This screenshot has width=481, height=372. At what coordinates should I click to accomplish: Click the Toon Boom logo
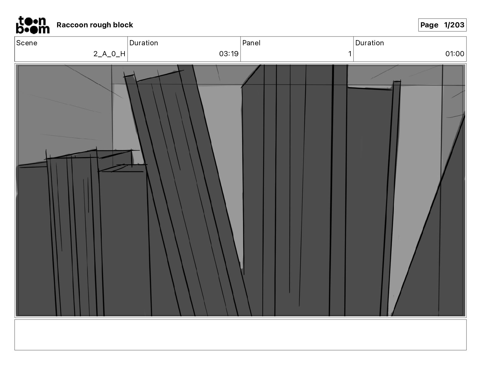tap(32, 25)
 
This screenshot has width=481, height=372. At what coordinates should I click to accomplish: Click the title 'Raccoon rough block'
tap(95, 25)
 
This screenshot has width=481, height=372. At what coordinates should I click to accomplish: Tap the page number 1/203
tap(454, 25)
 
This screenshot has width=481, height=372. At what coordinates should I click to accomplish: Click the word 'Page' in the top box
tap(429, 25)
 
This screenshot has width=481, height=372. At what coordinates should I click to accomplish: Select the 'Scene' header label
tap(27, 43)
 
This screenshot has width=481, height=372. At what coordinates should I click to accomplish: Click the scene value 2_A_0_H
tap(109, 54)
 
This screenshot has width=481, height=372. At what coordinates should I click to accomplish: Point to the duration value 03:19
tap(229, 54)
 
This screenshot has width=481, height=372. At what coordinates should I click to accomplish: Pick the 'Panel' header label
tap(251, 43)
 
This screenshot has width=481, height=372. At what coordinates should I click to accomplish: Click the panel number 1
tap(350, 54)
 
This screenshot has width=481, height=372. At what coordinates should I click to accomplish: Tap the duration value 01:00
tap(455, 54)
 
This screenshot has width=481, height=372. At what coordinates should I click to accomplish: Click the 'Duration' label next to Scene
tap(144, 43)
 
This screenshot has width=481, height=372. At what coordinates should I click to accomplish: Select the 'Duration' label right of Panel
tap(370, 43)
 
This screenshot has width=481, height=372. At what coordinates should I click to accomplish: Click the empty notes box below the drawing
tap(240, 335)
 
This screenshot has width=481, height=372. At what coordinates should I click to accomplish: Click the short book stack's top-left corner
tap(47, 158)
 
